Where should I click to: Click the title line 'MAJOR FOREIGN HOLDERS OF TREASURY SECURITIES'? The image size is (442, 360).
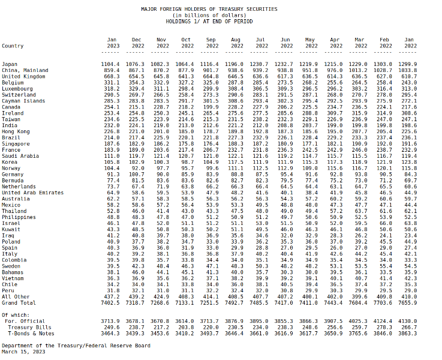click(x=209, y=9)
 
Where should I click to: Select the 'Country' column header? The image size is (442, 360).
click(x=13, y=46)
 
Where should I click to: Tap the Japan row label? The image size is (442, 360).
click(x=10, y=64)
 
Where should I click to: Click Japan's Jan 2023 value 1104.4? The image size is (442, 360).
click(x=110, y=64)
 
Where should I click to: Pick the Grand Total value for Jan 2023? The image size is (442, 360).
click(x=110, y=303)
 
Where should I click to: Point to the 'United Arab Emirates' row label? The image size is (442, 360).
click(x=33, y=193)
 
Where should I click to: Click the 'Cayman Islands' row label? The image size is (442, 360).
click(x=23, y=101)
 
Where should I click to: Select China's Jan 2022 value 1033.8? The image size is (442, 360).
click(x=408, y=70)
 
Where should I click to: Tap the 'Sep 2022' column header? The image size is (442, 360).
click(x=211, y=43)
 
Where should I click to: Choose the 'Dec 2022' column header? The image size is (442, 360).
click(x=136, y=43)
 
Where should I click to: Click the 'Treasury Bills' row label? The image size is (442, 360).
click(x=29, y=327)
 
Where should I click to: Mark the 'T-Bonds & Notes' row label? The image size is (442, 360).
click(x=31, y=334)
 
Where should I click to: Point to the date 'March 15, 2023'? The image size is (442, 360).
click(x=23, y=352)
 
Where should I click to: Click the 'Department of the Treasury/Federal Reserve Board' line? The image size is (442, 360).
click(x=76, y=346)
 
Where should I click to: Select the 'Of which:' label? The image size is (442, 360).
click(x=16, y=315)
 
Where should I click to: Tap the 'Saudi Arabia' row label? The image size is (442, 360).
click(x=20, y=156)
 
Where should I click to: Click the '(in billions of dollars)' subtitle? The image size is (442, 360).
click(x=209, y=15)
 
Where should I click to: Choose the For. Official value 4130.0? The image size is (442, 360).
click(x=408, y=321)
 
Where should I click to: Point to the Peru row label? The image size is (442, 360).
click(x=8, y=290)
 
